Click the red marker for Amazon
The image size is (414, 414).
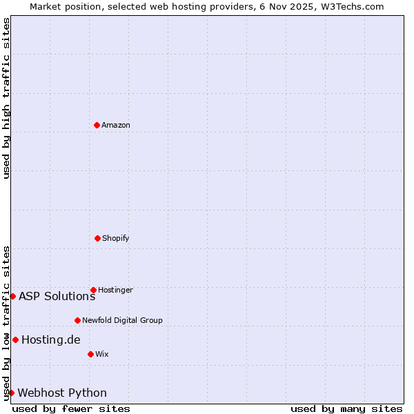tap(97, 125)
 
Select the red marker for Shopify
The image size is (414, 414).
tap(97, 238)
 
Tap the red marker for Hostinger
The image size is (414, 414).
tap(93, 290)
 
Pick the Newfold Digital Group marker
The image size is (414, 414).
tap(77, 320)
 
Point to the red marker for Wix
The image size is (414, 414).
tap(90, 354)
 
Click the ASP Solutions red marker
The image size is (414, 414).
tap(12, 296)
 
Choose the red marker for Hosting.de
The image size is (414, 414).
tap(15, 339)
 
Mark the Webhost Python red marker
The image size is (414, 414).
tap(11, 393)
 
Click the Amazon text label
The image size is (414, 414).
tap(116, 126)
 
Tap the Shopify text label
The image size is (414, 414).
tap(116, 239)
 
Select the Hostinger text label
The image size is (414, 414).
tap(115, 290)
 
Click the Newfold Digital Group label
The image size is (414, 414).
tap(122, 321)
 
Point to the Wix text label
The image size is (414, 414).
tap(102, 355)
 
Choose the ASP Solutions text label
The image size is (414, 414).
tap(57, 297)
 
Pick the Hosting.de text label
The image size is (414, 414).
tap(50, 340)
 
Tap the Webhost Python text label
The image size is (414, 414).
tap(62, 393)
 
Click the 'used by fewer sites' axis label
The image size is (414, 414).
tap(71, 408)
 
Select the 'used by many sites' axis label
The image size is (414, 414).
tap(346, 408)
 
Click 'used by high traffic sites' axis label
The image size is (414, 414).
tap(6, 98)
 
